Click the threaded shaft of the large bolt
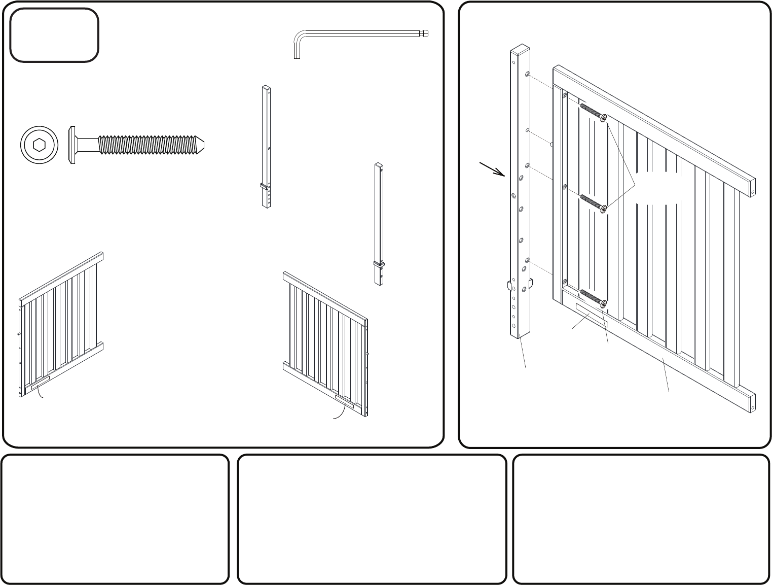(147, 145)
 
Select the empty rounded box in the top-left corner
(54, 35)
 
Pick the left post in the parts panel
(266, 147)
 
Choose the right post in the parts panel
(379, 223)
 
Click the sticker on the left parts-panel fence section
(40, 382)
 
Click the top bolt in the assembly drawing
(593, 113)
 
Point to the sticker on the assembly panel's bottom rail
(591, 315)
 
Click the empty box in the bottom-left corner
(116, 519)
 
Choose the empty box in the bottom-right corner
(641, 519)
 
